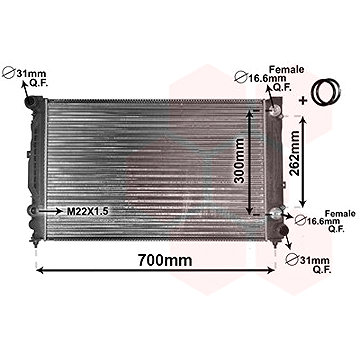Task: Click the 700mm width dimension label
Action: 165,260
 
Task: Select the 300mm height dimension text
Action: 239,161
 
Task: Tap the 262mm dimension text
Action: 294,153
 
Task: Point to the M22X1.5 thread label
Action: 88,211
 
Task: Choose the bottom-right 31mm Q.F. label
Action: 309,264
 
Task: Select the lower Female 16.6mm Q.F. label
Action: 325,221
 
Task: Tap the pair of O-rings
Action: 325,92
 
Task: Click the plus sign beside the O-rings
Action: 303,100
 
